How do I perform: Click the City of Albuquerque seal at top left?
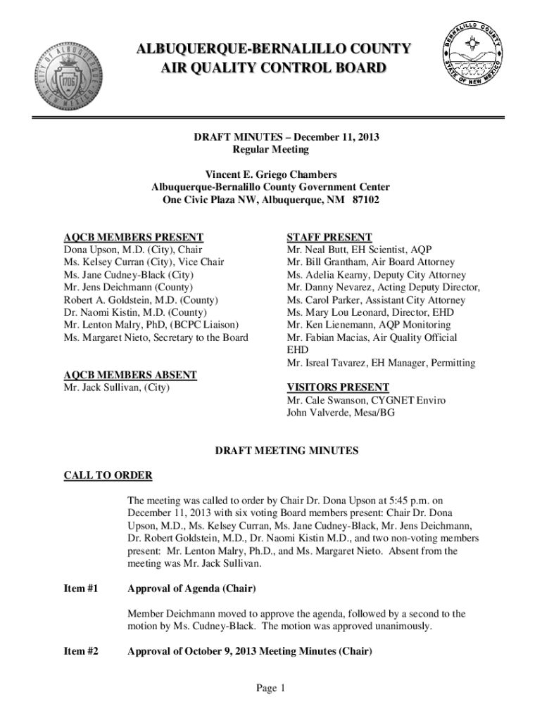(68, 75)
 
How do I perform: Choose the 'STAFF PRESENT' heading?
(329, 237)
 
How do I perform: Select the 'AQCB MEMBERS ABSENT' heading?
(130, 375)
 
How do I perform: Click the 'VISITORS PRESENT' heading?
(337, 387)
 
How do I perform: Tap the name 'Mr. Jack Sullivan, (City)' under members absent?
(117, 387)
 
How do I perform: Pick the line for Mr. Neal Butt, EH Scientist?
(359, 250)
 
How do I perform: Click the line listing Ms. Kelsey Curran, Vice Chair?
(144, 262)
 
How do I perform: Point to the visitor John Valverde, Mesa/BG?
(340, 413)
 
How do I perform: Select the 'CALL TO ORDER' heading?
(108, 476)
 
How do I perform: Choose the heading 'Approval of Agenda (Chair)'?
(191, 588)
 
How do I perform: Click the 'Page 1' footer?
(270, 688)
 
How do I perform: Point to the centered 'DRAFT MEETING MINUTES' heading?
(286, 451)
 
